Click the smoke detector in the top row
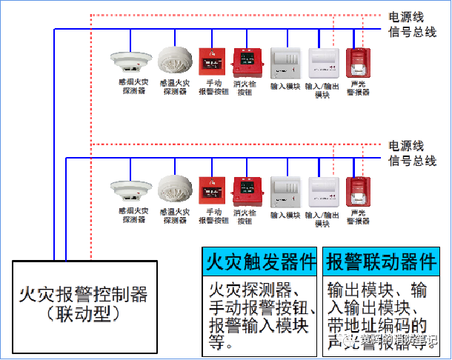pos(130,59)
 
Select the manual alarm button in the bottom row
pos(211,190)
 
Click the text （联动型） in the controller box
pos(83,315)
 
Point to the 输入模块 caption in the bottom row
pos(285,215)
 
